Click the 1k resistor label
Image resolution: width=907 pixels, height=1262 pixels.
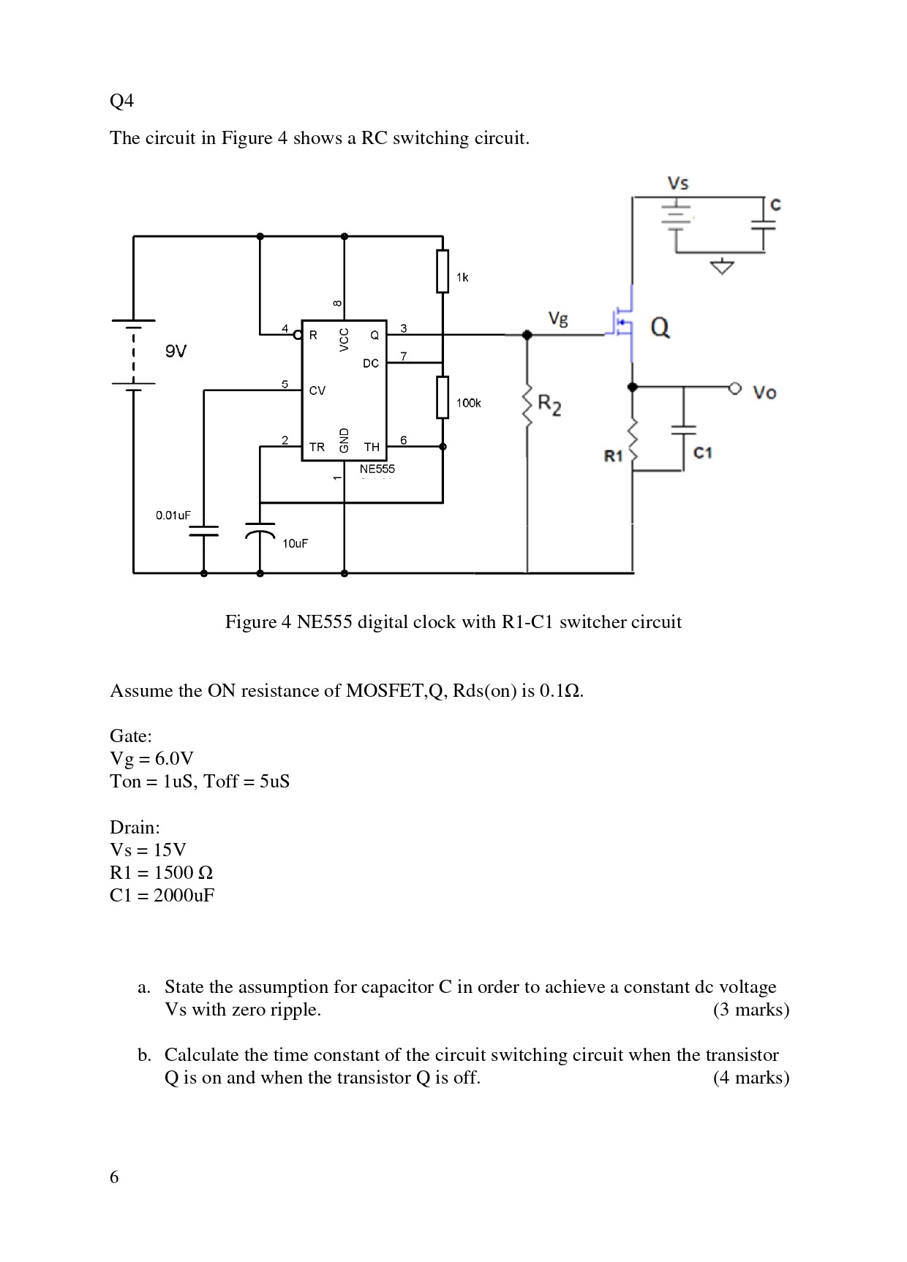pyautogui.click(x=462, y=277)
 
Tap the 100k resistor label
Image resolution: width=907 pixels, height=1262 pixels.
pyautogui.click(x=469, y=403)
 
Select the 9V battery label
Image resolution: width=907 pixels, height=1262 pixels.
pyautogui.click(x=176, y=352)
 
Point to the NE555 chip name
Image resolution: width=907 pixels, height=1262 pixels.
pyautogui.click(x=377, y=469)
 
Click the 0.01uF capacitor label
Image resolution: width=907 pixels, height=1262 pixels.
pyautogui.click(x=173, y=515)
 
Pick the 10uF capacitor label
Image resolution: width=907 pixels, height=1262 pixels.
pyautogui.click(x=295, y=543)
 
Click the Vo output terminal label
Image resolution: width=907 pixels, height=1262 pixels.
pyautogui.click(x=764, y=393)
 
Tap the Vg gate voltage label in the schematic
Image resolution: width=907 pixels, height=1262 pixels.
pyautogui.click(x=558, y=319)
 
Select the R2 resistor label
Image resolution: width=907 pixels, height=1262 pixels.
pyautogui.click(x=549, y=404)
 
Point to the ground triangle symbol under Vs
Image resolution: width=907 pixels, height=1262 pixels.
pyautogui.click(x=722, y=267)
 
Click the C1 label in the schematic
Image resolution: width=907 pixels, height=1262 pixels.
pyautogui.click(x=703, y=453)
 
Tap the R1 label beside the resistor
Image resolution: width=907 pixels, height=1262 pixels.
pyautogui.click(x=613, y=456)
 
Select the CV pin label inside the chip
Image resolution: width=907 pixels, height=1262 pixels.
pyautogui.click(x=317, y=391)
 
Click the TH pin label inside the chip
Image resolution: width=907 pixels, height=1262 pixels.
pyautogui.click(x=372, y=447)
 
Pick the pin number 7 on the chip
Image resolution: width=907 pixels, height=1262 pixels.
pyautogui.click(x=403, y=356)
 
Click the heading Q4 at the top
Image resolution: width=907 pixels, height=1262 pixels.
pyautogui.click(x=122, y=101)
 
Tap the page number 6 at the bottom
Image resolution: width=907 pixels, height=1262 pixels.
pyautogui.click(x=114, y=1176)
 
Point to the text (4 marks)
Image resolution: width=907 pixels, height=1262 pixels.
pyautogui.click(x=751, y=1078)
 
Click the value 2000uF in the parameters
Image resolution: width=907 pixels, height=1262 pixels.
pyautogui.click(x=184, y=895)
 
